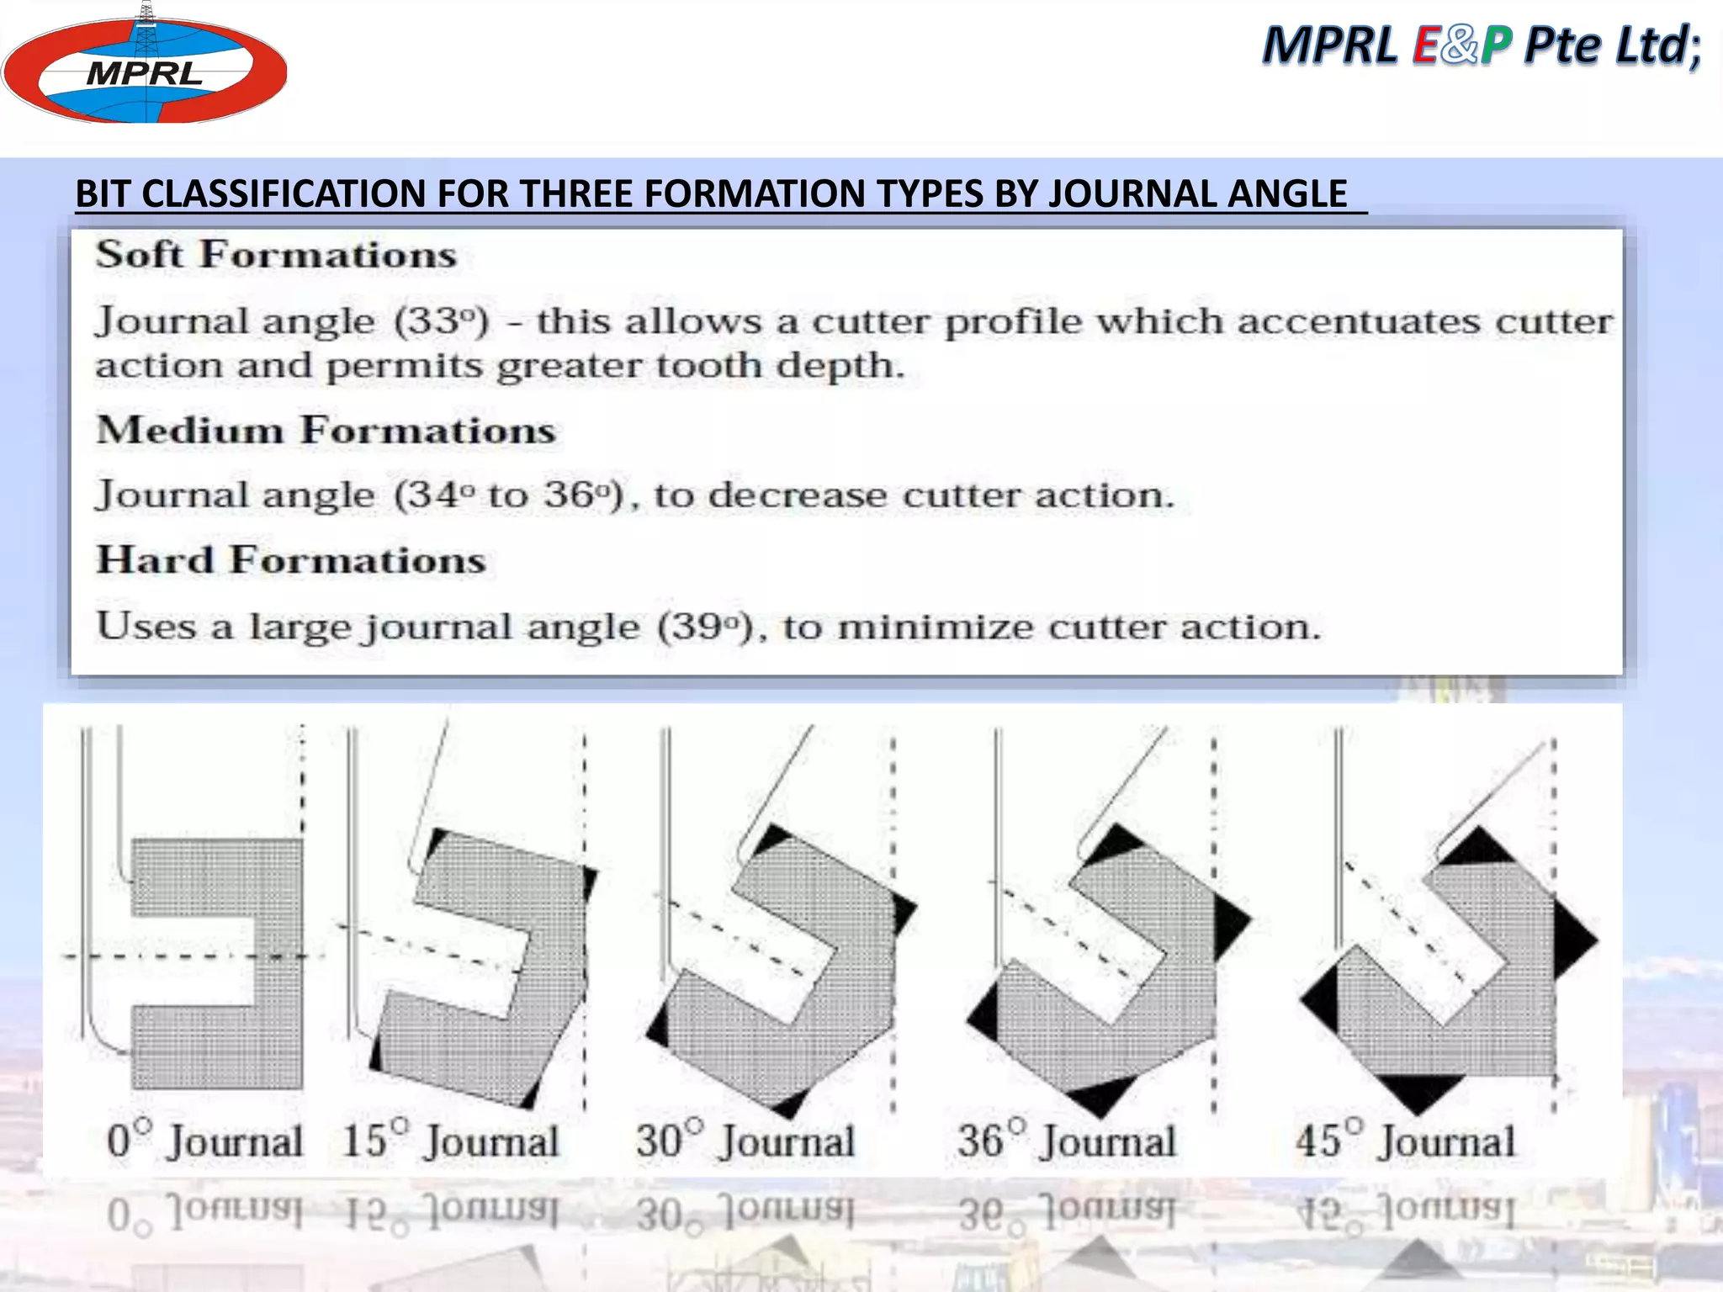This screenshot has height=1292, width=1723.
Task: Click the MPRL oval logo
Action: pyautogui.click(x=144, y=67)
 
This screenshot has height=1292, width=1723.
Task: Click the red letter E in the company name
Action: pyautogui.click(x=1425, y=45)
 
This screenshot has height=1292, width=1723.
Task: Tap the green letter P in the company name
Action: pyautogui.click(x=1497, y=45)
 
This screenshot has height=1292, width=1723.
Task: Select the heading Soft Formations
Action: pyautogui.click(x=276, y=255)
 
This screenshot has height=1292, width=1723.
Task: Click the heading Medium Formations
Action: pyautogui.click(x=326, y=430)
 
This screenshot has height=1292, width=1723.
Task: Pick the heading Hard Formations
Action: pyautogui.click(x=291, y=560)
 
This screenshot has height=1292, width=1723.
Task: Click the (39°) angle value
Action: pyautogui.click(x=706, y=627)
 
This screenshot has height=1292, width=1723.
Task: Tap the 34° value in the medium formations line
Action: pyautogui.click(x=434, y=495)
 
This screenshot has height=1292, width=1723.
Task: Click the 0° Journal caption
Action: pyautogui.click(x=204, y=1141)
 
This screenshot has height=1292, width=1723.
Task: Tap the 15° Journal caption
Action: pyautogui.click(x=451, y=1141)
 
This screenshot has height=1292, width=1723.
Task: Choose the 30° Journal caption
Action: pyautogui.click(x=745, y=1141)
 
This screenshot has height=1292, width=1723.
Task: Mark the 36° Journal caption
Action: pyautogui.click(x=1067, y=1141)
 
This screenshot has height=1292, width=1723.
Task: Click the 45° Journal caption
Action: pyautogui.click(x=1405, y=1141)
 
